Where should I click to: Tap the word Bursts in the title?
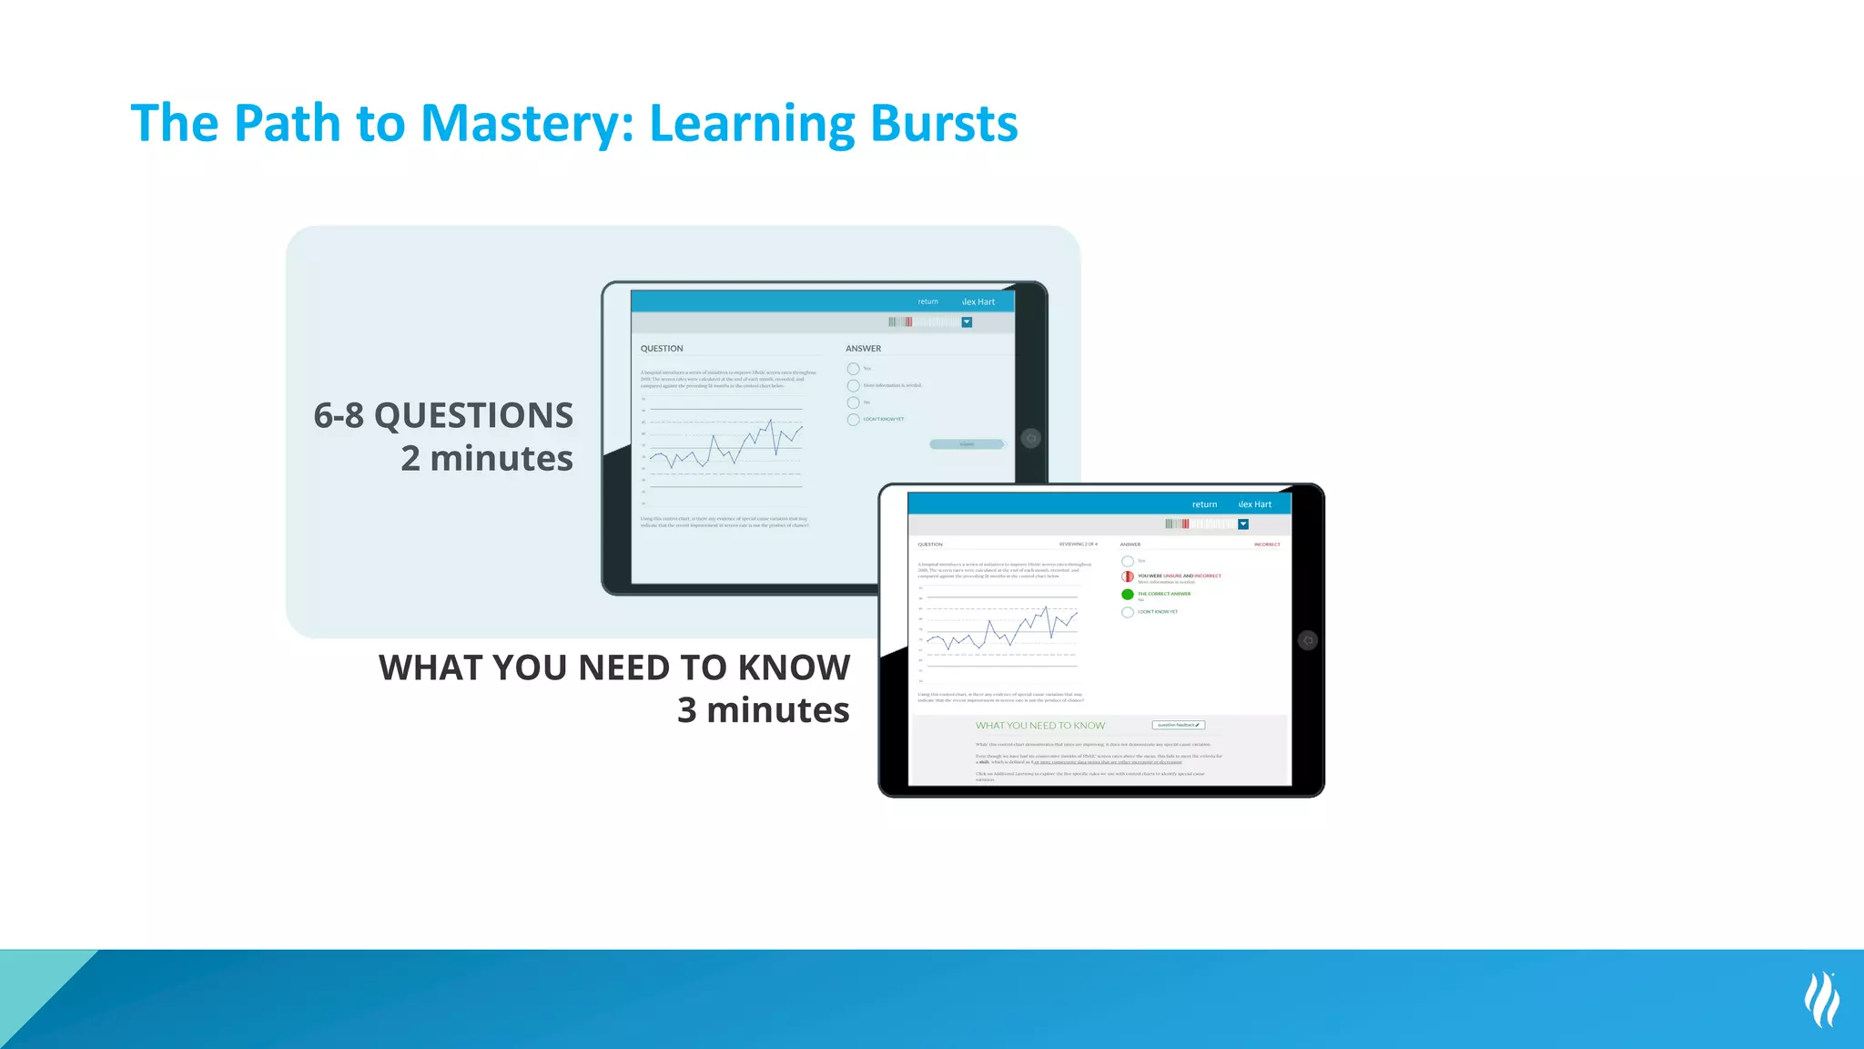[944, 124]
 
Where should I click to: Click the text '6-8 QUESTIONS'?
[443, 416]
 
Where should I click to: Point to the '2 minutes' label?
[487, 458]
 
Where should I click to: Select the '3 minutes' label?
[763, 710]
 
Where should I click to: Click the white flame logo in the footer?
[1821, 1000]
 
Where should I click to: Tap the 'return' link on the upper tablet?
[927, 301]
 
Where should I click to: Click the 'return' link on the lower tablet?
[1204, 504]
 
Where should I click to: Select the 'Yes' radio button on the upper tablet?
[853, 369]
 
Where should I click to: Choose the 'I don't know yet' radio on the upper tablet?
[853, 420]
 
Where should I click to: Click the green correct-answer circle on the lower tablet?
[1128, 595]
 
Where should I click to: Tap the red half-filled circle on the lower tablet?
[1128, 576]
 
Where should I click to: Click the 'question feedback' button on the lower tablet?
[1179, 726]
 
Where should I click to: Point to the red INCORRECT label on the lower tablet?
[1267, 545]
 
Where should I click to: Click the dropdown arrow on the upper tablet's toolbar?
[967, 322]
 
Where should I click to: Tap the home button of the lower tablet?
[1308, 640]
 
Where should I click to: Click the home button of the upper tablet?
[1030, 439]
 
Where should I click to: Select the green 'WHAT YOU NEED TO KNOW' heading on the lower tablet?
[1040, 726]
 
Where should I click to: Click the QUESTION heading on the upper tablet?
[662, 349]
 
